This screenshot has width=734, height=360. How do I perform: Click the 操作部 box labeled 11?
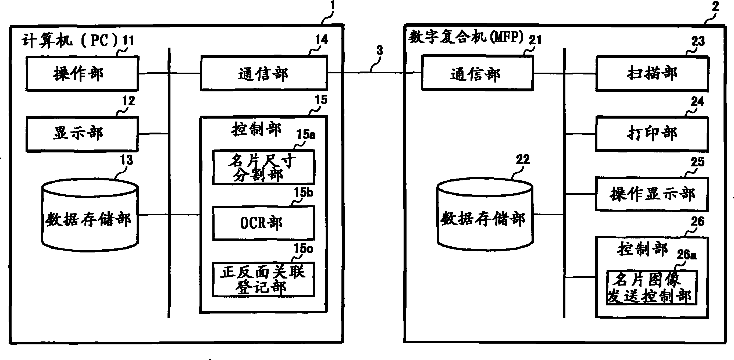click(82, 74)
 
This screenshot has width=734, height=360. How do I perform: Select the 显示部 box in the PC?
click(82, 133)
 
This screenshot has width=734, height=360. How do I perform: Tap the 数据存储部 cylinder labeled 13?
click(90, 219)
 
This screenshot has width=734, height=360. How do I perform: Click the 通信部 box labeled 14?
click(264, 74)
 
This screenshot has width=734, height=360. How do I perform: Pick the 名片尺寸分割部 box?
click(263, 167)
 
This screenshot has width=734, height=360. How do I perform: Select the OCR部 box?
click(263, 223)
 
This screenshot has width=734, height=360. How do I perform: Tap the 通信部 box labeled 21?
click(477, 74)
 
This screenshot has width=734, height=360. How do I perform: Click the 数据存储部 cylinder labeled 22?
click(484, 219)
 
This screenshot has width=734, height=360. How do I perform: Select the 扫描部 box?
click(652, 74)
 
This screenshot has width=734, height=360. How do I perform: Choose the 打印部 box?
click(652, 133)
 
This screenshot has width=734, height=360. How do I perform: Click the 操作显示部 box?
click(652, 194)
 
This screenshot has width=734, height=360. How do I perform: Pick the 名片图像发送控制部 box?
click(651, 288)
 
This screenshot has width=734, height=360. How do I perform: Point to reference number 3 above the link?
click(380, 51)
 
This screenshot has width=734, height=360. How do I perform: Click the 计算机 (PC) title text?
click(70, 41)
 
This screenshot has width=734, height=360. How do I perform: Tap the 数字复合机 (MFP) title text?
click(466, 37)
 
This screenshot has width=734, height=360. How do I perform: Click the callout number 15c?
click(303, 248)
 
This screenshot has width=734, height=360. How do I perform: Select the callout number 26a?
click(686, 255)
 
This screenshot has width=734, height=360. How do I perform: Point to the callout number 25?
click(697, 162)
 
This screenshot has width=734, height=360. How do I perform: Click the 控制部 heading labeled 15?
click(256, 129)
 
